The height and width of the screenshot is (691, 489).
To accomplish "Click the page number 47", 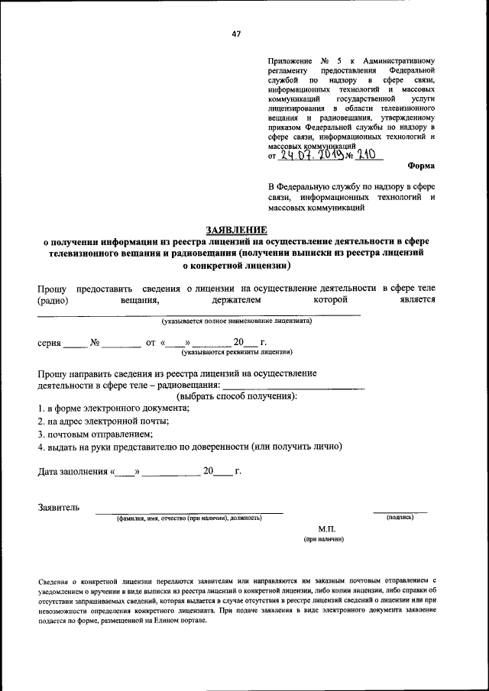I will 236,33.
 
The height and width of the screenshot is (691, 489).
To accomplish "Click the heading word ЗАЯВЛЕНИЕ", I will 236,230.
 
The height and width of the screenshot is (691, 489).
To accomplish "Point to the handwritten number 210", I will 368,156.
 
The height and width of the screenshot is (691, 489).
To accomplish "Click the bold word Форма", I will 421,165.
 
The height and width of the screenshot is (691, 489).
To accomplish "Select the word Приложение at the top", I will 288,60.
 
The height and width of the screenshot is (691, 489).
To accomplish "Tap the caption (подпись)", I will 400,518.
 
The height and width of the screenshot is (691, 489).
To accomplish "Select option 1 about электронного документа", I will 114,408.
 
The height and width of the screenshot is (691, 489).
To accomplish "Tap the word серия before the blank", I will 50,343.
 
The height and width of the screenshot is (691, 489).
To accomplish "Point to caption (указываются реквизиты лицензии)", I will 237,353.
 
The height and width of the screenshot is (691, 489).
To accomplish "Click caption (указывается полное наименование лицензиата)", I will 231,321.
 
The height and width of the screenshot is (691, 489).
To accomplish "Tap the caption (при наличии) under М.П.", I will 323,539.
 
